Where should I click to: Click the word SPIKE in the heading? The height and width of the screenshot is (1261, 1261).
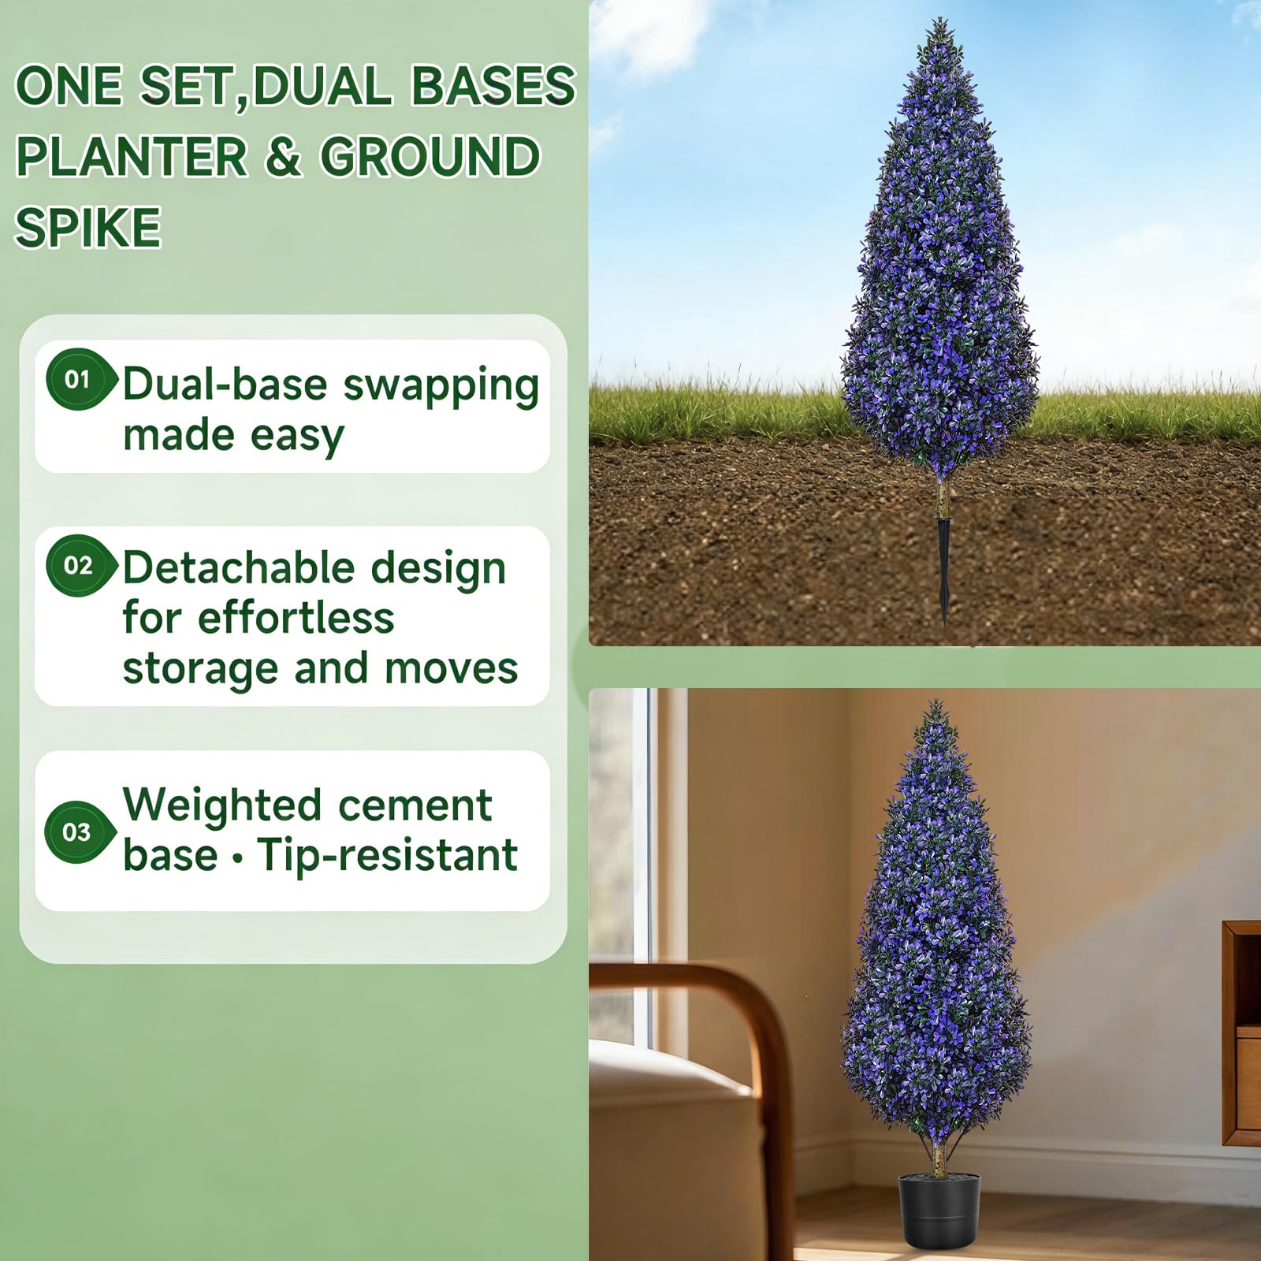coord(88,227)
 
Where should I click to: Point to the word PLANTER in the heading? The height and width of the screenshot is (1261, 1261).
coord(132,156)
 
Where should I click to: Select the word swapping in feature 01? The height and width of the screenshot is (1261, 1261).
coord(441,388)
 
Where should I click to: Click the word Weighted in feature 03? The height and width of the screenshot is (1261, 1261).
coord(222,806)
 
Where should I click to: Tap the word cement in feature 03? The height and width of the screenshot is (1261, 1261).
coord(415,805)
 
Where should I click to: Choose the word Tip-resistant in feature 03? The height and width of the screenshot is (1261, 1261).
coord(388,855)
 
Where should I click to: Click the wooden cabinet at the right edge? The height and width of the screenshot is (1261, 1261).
coord(1242,1032)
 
